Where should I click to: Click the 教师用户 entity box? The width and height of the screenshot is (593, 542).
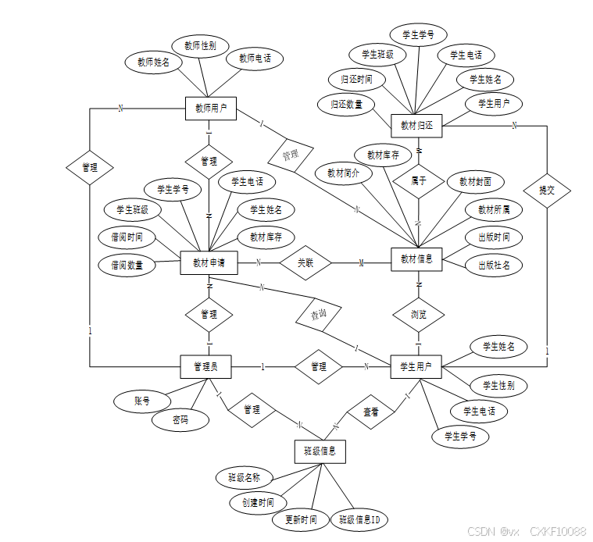click(210, 108)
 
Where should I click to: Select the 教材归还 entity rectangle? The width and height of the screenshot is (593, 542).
click(416, 125)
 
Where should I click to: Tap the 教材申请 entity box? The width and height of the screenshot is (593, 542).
click(209, 262)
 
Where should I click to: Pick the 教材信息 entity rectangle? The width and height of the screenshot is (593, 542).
click(416, 259)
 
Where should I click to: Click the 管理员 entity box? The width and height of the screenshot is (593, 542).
click(209, 366)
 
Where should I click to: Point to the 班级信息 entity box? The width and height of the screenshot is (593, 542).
click(320, 450)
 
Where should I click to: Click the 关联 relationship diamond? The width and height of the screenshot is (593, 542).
click(305, 263)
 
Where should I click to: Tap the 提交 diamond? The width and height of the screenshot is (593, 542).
click(546, 190)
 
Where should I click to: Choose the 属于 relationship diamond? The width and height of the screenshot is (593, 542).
click(419, 180)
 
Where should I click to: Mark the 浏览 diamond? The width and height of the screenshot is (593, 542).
click(419, 315)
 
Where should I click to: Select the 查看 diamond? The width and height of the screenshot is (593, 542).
click(371, 412)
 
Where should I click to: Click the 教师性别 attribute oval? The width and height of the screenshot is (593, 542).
click(200, 46)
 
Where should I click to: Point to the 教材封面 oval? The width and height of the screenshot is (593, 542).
click(476, 181)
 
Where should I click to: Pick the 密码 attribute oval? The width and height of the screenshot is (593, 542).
click(180, 419)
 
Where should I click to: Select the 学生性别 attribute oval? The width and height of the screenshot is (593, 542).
click(498, 385)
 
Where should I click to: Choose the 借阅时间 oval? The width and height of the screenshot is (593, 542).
click(127, 237)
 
